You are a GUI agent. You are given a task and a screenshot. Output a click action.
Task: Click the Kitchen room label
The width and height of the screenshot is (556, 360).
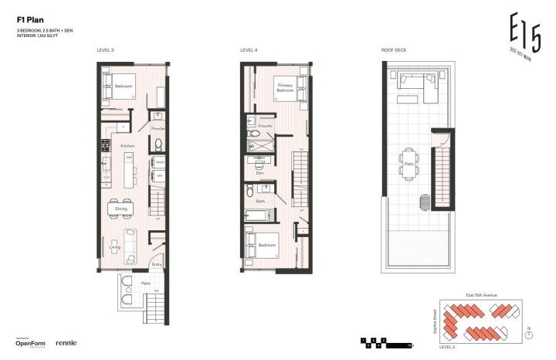click(x=127, y=145)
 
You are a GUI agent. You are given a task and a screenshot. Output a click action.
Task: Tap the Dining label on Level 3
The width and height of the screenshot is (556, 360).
click(x=121, y=209)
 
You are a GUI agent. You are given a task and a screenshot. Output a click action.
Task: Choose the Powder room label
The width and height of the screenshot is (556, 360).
click(x=158, y=128)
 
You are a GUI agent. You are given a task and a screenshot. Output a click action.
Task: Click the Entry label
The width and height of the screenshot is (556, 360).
click(x=157, y=264)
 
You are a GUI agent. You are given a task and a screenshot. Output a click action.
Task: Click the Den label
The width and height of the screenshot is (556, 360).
click(x=259, y=172)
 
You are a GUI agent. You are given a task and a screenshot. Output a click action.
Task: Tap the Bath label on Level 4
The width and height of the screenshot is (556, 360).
click(x=260, y=202)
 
